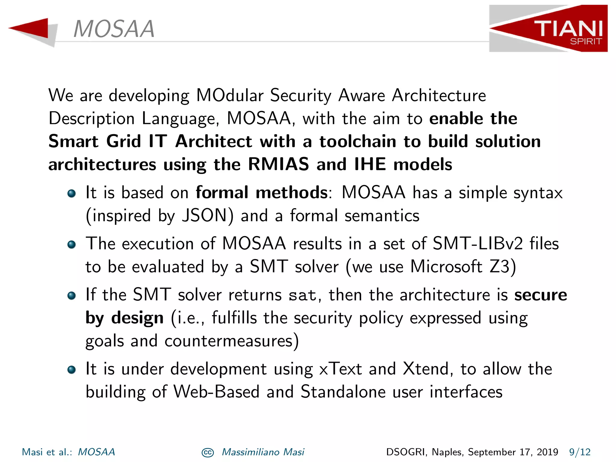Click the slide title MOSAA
tap(114, 29)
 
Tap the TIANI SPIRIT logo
tap(548, 29)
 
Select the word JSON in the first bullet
tap(208, 216)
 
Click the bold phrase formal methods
tap(261, 192)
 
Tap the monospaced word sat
tap(303, 295)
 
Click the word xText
tap(340, 369)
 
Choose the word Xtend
tap(426, 369)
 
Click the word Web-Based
tap(216, 392)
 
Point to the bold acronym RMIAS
tap(279, 165)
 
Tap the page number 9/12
tap(580, 452)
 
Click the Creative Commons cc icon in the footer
tap(208, 453)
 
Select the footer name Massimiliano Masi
tap(263, 452)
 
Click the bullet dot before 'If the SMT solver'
tap(71, 295)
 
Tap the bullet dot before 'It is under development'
tap(71, 369)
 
